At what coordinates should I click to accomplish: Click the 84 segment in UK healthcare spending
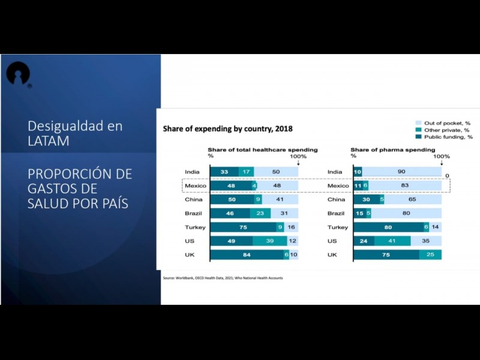(x=247, y=255)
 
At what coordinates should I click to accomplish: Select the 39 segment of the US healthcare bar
(x=270, y=241)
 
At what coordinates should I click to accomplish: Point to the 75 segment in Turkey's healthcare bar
(x=243, y=227)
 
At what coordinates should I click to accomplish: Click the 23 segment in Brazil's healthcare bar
(x=260, y=214)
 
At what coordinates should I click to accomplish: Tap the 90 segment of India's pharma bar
(x=402, y=172)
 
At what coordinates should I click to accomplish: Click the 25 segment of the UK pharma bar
(x=430, y=255)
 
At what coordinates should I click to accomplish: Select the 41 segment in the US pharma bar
(x=392, y=241)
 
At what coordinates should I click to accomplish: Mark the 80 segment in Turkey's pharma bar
(x=388, y=227)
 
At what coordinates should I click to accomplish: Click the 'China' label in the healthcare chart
(x=193, y=200)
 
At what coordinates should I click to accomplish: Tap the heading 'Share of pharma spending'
(x=392, y=149)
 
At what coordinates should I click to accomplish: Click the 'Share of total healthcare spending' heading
(x=263, y=149)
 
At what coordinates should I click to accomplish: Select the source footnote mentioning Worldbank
(x=223, y=278)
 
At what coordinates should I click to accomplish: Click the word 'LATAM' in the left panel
(x=48, y=141)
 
